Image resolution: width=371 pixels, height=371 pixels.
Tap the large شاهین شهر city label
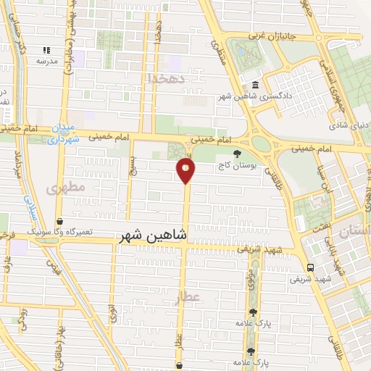tap(151, 235)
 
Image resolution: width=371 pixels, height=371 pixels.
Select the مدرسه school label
tap(47, 61)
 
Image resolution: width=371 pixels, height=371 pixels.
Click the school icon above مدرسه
tap(47, 50)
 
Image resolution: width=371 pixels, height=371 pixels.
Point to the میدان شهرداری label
tap(63, 133)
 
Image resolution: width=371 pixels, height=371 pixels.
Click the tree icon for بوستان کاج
tap(237, 154)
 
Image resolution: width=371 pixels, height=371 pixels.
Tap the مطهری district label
tap(66, 188)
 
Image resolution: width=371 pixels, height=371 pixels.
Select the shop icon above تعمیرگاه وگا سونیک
tap(59, 221)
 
